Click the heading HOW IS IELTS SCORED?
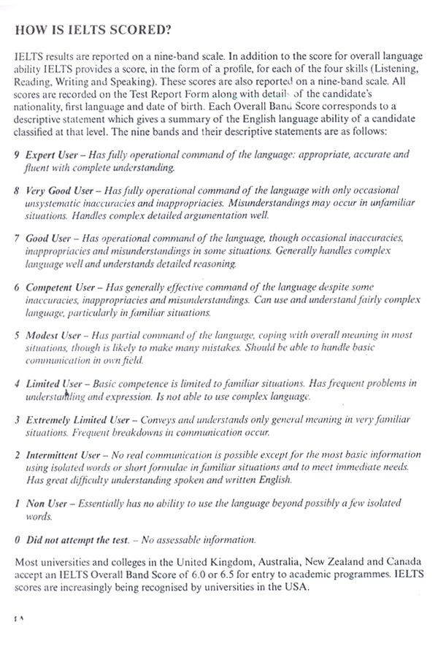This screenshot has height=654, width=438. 93,31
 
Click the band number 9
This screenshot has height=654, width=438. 18,155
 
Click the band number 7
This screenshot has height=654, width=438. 18,238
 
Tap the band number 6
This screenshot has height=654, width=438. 18,288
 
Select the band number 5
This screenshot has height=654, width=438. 18,335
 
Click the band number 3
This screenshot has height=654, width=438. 18,420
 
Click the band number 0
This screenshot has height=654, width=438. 18,539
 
